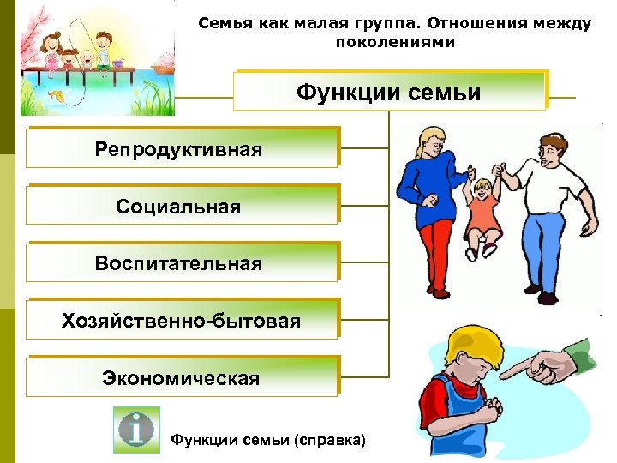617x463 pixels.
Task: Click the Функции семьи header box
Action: (x=389, y=91)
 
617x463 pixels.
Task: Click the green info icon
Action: (x=137, y=429)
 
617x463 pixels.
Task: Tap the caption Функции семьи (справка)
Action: (x=268, y=440)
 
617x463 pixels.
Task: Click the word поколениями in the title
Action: (x=395, y=41)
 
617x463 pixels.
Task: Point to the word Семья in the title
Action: (x=221, y=23)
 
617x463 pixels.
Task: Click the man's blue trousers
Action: (x=543, y=257)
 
